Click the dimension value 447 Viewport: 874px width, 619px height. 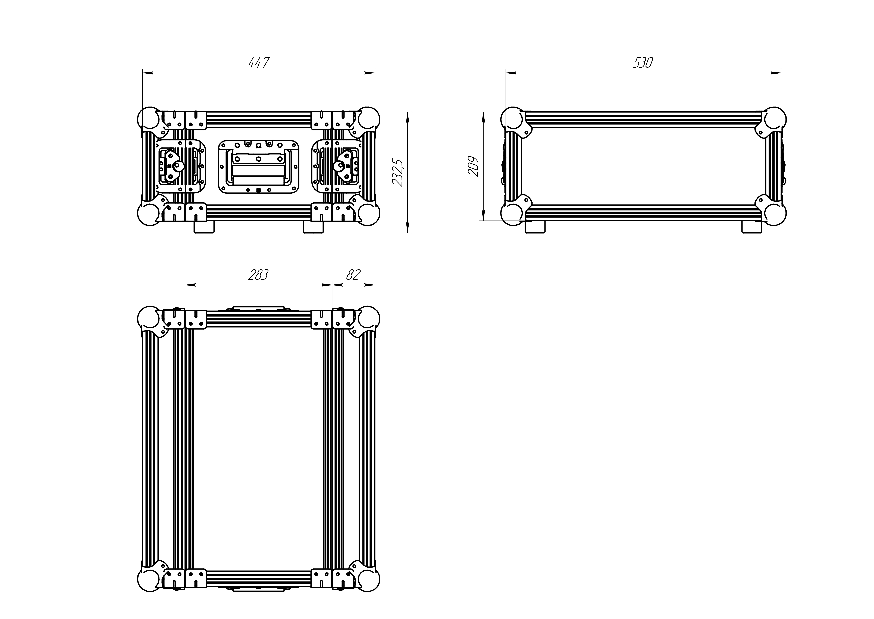pos(259,62)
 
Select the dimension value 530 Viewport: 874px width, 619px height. pos(643,62)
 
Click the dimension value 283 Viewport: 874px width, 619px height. pos(258,274)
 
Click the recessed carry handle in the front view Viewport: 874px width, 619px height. pos(258,166)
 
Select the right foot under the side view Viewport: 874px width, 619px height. pos(752,227)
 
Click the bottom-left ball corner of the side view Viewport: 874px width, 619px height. pos(513,214)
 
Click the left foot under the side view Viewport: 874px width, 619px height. pos(535,227)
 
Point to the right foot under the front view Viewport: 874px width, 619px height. pos(313,227)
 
